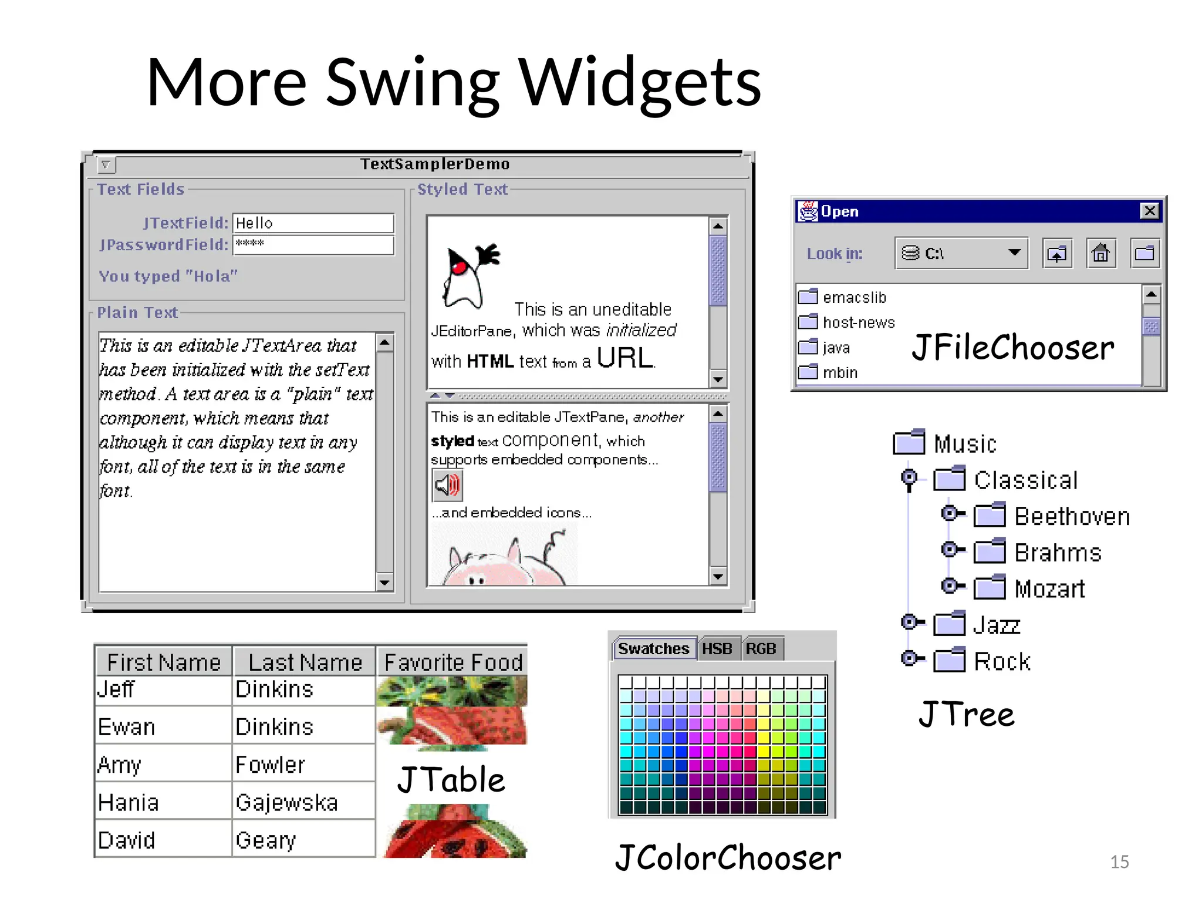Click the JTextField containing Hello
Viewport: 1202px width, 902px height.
tap(313, 223)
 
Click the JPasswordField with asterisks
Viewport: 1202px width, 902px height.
tap(313, 245)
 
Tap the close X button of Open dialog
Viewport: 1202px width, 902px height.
tap(1149, 211)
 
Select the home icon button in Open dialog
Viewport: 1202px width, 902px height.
tap(1100, 254)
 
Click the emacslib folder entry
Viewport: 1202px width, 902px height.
tap(854, 298)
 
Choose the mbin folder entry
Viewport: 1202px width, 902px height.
tap(839, 373)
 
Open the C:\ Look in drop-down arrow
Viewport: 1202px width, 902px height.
tap(1014, 253)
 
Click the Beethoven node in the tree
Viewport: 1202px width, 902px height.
tap(1071, 517)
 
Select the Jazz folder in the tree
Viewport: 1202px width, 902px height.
tap(996, 625)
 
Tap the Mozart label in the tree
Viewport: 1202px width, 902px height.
tap(1049, 589)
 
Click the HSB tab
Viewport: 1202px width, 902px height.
tap(717, 649)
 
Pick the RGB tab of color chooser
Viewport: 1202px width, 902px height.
tap(761, 649)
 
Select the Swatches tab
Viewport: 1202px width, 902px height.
tap(653, 649)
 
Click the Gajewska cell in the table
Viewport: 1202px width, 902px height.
tap(286, 803)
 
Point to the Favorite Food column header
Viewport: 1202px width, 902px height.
tap(453, 662)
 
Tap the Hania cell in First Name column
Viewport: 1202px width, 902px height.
tap(129, 803)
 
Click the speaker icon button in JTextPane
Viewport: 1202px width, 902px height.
tap(447, 485)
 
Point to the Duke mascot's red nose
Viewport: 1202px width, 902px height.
tap(460, 268)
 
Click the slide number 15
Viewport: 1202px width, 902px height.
tap(1119, 861)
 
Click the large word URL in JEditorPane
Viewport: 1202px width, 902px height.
tap(624, 358)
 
